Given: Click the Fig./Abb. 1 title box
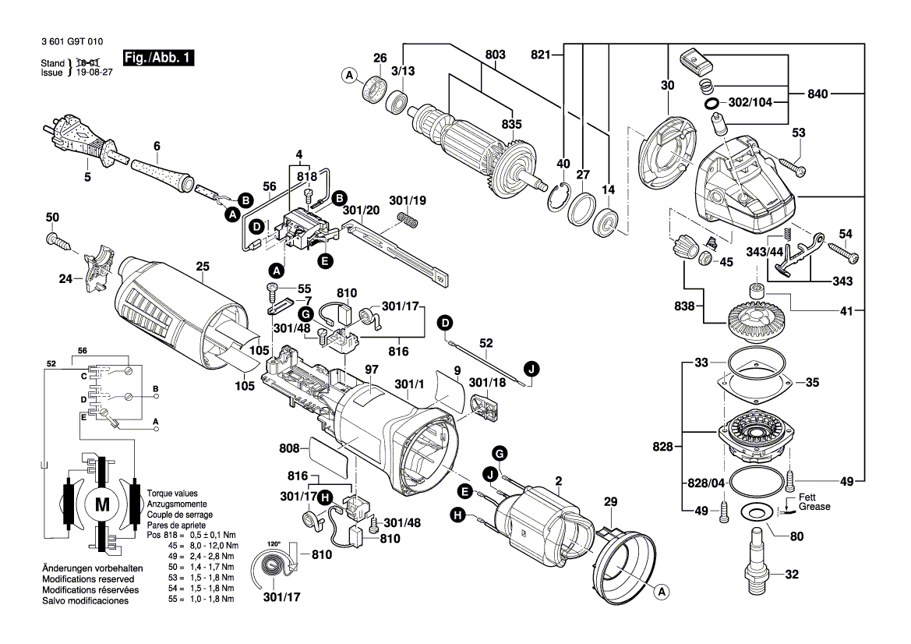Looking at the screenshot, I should (x=158, y=58).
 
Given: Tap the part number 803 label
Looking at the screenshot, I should (x=494, y=55).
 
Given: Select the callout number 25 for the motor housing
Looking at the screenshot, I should (x=203, y=267).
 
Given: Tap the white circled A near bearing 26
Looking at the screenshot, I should (x=349, y=75).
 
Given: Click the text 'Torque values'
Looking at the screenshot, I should (x=172, y=494).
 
